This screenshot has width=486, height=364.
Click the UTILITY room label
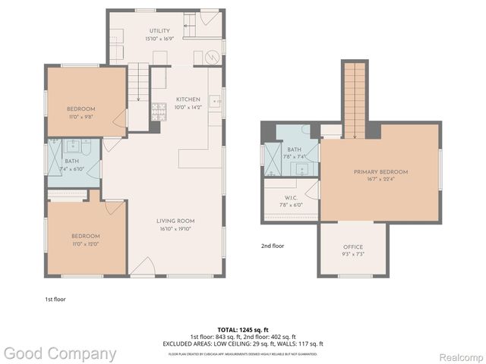[x=159, y=30]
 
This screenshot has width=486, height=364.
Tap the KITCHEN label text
[x=188, y=99]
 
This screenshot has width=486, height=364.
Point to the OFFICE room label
[x=353, y=247]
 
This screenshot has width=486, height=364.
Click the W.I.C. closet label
[x=289, y=196]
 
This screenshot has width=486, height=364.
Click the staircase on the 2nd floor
[x=354, y=99]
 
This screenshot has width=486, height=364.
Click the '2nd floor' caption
[x=273, y=246]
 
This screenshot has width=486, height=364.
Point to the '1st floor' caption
[x=55, y=300]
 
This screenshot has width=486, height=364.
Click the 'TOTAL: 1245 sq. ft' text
[x=243, y=329]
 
